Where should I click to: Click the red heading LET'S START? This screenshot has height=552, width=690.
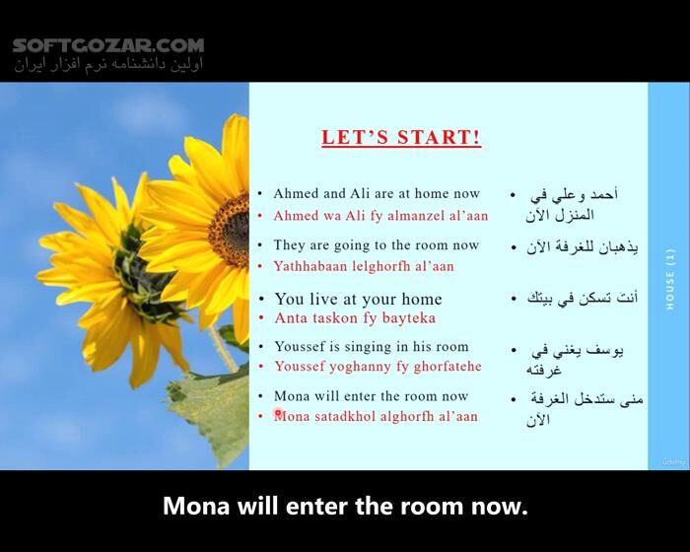point(401,138)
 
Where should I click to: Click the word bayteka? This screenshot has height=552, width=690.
point(407,318)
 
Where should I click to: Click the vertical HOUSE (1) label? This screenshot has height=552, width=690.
point(669,280)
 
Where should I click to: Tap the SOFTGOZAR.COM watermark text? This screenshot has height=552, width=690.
point(108,45)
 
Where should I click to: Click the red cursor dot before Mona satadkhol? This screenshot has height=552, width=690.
point(279,414)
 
